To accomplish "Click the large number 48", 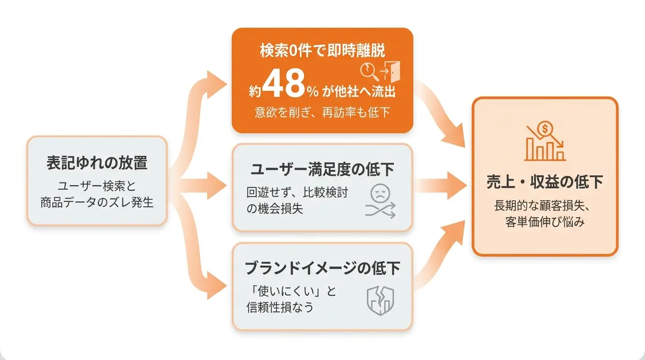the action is (284, 83).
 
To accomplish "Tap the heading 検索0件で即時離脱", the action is (322, 51).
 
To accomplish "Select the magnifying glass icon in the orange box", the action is (369, 72).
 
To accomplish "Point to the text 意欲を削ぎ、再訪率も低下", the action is (322, 112).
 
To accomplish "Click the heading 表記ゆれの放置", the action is (97, 163).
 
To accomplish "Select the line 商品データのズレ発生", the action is (97, 202).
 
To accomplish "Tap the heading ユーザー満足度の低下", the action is (322, 169).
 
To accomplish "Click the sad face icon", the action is (380, 194).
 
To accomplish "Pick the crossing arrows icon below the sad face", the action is (380, 210).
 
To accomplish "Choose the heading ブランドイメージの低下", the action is (322, 268).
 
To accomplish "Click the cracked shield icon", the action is (380, 300).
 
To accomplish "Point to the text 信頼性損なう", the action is (280, 307).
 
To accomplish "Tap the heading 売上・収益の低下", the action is (545, 182).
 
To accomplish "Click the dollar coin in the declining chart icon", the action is (545, 128).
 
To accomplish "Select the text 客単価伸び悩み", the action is (545, 222).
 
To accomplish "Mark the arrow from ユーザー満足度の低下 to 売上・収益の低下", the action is (441, 186).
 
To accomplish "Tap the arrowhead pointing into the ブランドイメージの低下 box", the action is (216, 285).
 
